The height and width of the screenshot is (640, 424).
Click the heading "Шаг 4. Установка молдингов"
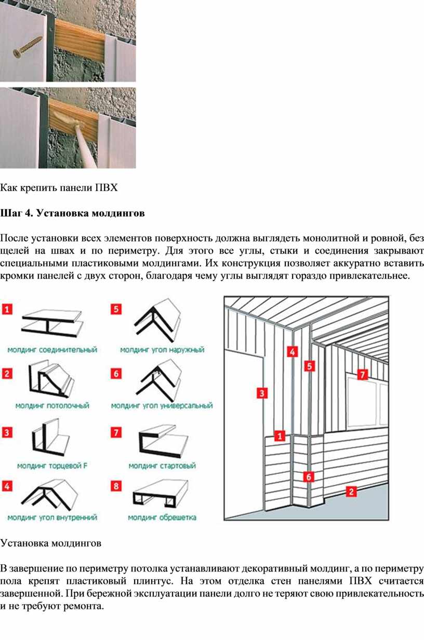tap(72, 213)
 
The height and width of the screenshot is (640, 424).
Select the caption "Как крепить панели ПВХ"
tap(59, 187)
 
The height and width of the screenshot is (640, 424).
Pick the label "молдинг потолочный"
tap(52, 405)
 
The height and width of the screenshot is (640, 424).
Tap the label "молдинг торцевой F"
tap(52, 466)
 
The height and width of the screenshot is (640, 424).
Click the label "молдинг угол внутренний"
tap(52, 517)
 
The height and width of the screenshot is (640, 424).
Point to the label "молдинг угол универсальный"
tap(162, 405)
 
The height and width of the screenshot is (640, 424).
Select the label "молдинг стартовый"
tap(162, 466)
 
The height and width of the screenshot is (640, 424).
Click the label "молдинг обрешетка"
tap(162, 517)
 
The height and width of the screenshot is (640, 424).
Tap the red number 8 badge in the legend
tap(116, 487)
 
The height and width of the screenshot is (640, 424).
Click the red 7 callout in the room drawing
tap(363, 374)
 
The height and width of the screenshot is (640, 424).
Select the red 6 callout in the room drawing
tap(309, 476)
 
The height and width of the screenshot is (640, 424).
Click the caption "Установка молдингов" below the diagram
tap(51, 543)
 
